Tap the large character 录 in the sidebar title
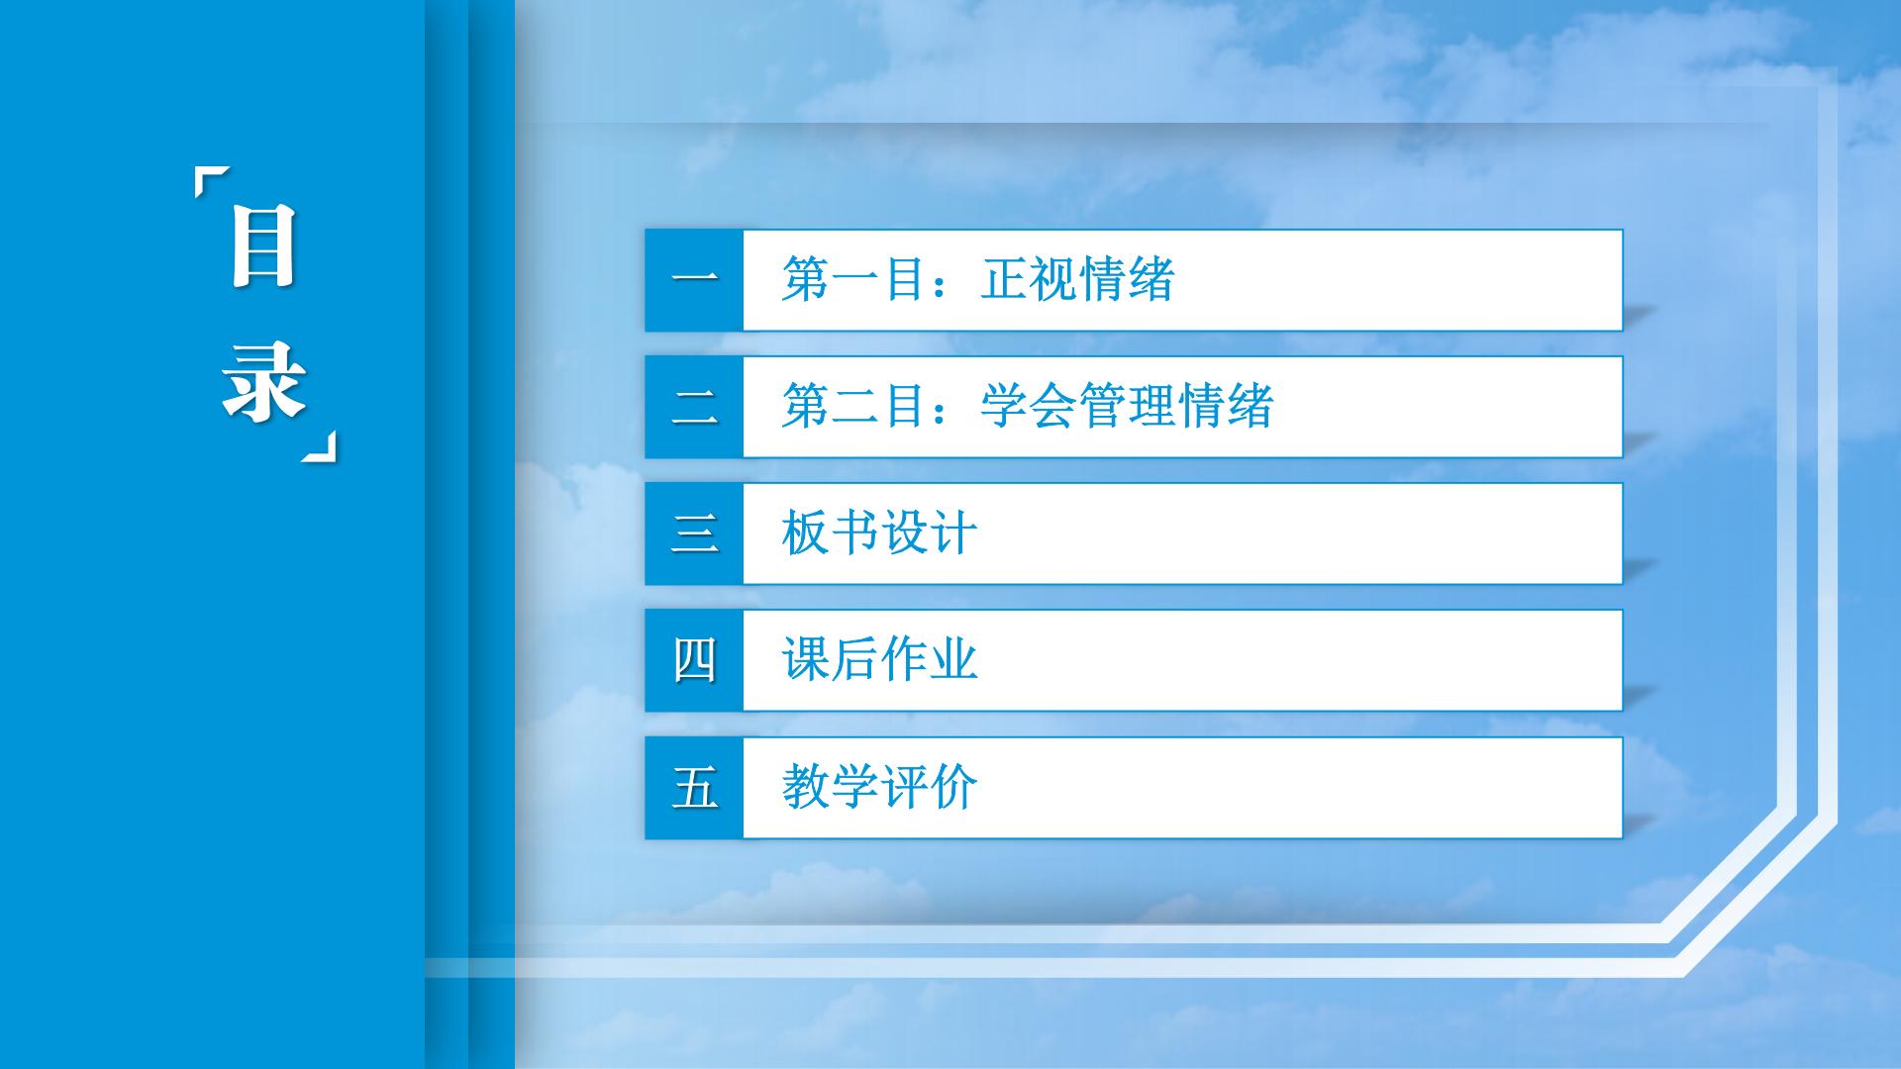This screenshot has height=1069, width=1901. pos(263,381)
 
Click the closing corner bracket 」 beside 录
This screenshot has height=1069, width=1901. pos(319,446)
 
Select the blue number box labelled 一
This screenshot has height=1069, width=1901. pos(694,280)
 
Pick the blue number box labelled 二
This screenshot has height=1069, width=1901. pos(694,407)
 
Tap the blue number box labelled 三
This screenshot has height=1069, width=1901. pos(694,534)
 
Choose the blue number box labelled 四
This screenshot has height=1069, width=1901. pos(694,660)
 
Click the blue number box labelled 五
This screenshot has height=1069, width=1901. pos(694,788)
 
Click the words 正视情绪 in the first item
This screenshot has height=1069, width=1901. pos(1077,279)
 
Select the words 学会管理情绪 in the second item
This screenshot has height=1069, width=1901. pos(1127,406)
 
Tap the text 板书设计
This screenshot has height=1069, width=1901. pos(879,534)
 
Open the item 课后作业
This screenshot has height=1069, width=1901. pos(879,660)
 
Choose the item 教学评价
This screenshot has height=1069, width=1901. pos(879,787)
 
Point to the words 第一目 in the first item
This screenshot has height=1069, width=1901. pos(854,279)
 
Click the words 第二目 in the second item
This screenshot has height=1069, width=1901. pos(854,406)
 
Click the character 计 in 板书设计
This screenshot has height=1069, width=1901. pos(953,534)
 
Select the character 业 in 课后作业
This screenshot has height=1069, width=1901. pos(953,660)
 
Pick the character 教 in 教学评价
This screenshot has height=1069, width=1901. pos(806,787)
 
